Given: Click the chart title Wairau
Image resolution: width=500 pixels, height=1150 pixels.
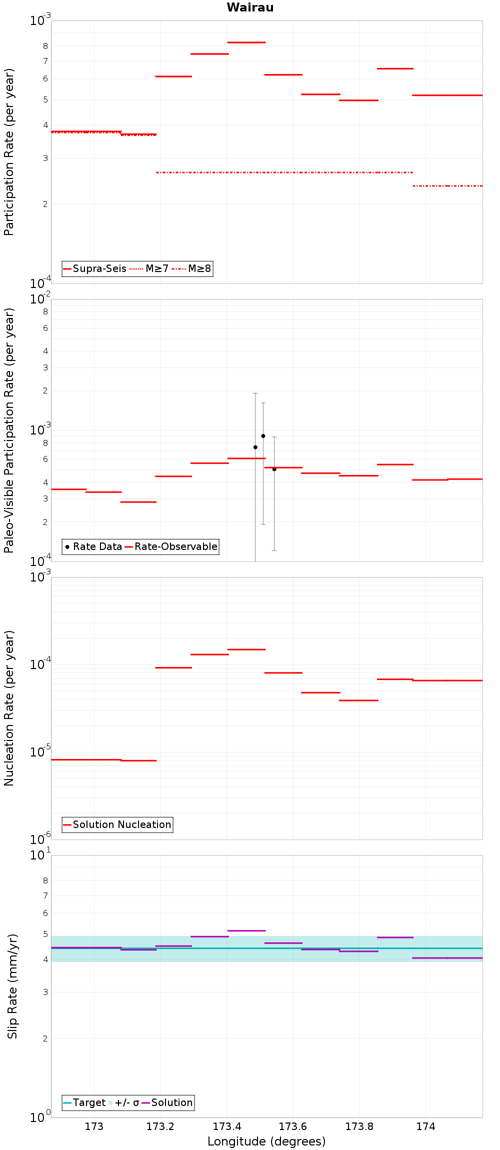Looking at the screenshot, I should click(250, 7).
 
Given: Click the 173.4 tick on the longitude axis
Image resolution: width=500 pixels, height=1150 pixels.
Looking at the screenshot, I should click(226, 1126).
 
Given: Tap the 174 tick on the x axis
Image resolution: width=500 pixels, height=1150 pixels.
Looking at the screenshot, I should click(425, 1126).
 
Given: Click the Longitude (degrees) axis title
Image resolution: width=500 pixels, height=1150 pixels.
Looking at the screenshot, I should click(266, 1141).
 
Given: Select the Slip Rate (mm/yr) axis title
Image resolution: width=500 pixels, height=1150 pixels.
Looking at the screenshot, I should click(12, 986).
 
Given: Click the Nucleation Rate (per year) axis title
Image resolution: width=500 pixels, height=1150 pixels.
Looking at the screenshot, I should click(9, 708).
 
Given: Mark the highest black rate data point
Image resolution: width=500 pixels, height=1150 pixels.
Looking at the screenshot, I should click(263, 436).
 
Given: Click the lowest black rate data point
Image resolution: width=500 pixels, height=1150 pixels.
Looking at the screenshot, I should click(274, 469).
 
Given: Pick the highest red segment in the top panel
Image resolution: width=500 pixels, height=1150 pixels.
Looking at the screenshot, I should click(246, 42).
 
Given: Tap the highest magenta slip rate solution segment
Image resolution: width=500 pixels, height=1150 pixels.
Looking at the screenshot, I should click(246, 930).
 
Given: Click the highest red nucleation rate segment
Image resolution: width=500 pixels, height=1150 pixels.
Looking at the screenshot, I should click(246, 649).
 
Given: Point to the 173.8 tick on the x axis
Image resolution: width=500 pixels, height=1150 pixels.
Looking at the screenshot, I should click(359, 1126).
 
